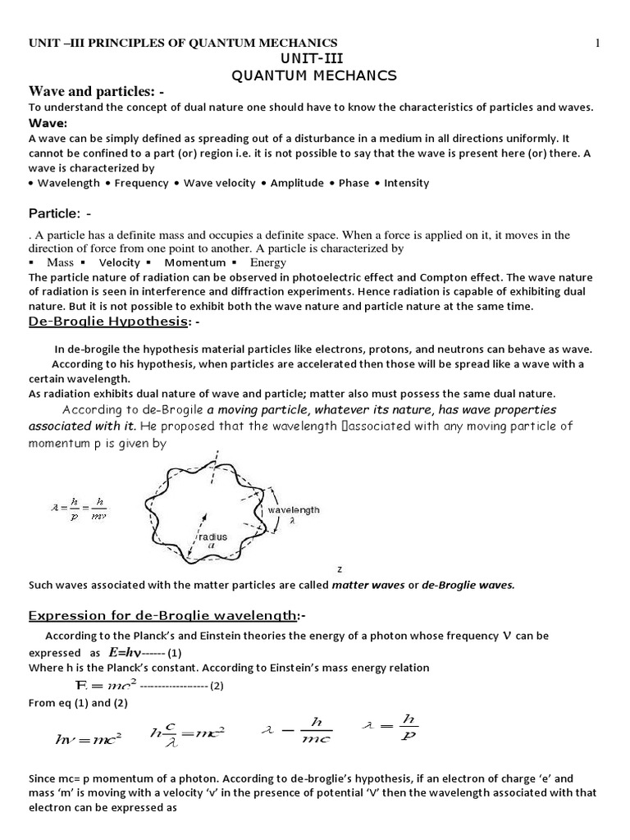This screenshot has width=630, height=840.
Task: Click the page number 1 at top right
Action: click(599, 43)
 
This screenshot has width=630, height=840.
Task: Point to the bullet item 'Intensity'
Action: click(406, 183)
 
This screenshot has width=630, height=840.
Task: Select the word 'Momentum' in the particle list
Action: click(194, 262)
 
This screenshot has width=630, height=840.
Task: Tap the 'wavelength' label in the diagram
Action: click(293, 509)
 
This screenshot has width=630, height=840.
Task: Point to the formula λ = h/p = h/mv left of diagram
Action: click(78, 510)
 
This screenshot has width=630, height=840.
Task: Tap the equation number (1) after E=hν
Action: click(174, 654)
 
